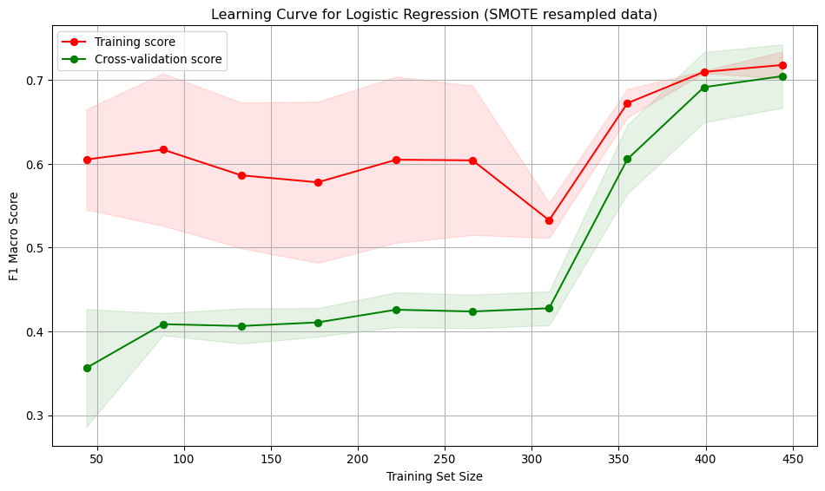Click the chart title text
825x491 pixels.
(x=434, y=15)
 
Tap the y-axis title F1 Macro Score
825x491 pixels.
(x=14, y=235)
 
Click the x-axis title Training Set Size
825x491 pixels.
(x=434, y=476)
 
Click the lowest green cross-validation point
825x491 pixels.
(x=87, y=368)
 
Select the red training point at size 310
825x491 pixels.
(x=549, y=220)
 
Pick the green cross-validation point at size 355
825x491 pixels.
(x=627, y=159)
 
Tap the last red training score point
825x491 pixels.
(x=782, y=65)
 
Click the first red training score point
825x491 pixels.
(x=87, y=160)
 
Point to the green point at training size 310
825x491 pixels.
(x=549, y=308)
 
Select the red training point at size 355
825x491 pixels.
(x=627, y=103)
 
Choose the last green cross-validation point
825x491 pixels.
(x=782, y=76)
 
